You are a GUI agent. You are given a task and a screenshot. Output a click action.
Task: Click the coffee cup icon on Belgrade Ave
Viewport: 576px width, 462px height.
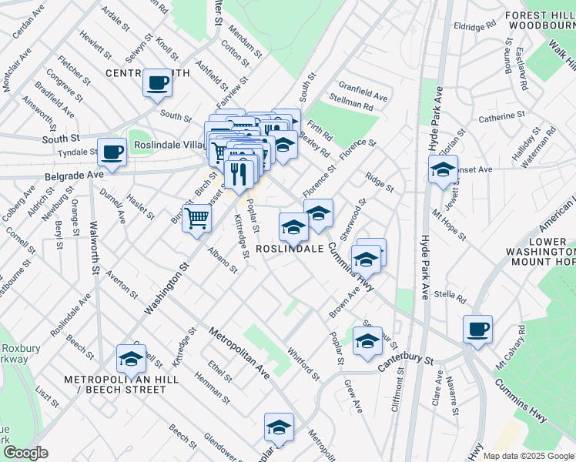click(112, 152)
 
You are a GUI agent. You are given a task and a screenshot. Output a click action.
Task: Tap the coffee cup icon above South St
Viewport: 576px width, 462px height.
click(157, 82)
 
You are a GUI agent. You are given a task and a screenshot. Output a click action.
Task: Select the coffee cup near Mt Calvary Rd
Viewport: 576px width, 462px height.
click(477, 329)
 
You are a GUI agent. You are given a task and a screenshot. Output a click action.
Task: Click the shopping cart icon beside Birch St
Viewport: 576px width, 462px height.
click(197, 217)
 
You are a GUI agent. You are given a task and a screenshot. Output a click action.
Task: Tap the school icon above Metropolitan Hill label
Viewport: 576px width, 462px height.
click(131, 358)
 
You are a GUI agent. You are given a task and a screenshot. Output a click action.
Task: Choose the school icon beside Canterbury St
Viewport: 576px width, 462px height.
click(367, 341)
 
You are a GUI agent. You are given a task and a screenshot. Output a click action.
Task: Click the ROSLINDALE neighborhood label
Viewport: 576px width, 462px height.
click(289, 249)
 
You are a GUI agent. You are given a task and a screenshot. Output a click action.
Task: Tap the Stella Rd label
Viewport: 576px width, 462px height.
click(450, 294)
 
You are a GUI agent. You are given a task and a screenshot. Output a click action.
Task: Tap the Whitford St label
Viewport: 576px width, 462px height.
click(303, 363)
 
